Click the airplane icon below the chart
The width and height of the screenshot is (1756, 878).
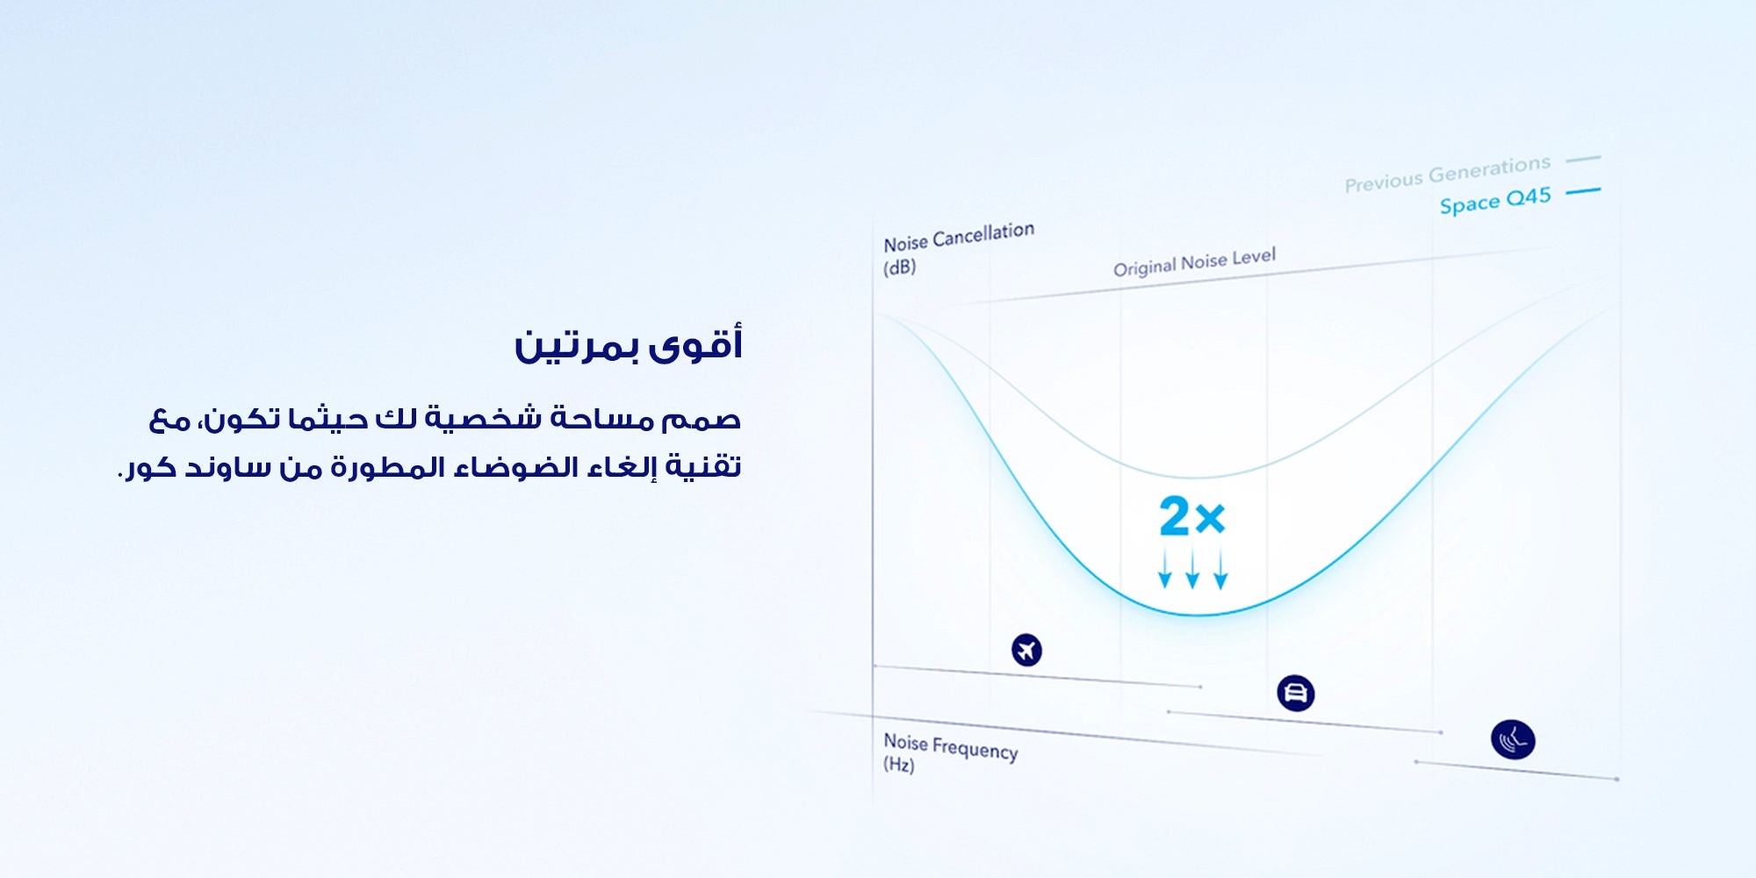click(1026, 651)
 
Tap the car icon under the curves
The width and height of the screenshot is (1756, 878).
click(1295, 694)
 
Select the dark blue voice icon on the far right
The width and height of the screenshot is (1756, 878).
click(1513, 739)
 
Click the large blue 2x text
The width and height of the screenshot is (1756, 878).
click(1191, 516)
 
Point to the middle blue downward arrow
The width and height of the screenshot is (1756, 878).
click(1192, 568)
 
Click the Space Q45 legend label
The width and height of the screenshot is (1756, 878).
click(1495, 200)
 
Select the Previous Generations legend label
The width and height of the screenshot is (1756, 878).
click(1447, 173)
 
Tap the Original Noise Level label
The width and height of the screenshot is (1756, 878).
click(1194, 262)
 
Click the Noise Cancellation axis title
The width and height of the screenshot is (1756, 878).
click(959, 237)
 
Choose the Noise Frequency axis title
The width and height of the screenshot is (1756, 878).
click(951, 746)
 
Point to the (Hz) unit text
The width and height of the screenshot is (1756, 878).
click(898, 765)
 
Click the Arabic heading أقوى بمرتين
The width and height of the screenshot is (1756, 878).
click(628, 343)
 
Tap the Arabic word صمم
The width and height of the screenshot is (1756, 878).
click(702, 420)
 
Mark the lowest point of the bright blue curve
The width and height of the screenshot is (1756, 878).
click(1198, 615)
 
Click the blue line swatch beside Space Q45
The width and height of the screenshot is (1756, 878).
click(1583, 191)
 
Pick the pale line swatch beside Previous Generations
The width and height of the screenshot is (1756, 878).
click(1583, 159)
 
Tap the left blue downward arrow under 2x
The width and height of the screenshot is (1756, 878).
click(1164, 568)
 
